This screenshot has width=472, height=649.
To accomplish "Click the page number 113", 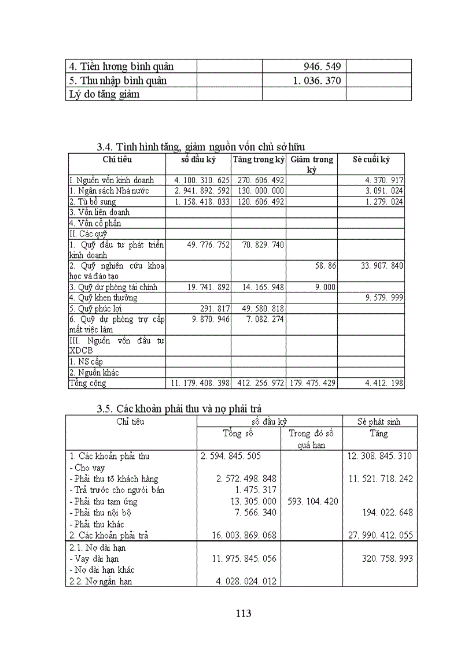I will pos(244,613).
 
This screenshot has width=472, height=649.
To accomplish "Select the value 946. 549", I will pos(322,66).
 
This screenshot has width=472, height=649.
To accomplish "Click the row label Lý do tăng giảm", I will pos(103,94).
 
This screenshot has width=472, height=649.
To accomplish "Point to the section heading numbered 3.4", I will pos(201,147).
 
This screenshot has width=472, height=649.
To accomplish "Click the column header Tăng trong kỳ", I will pos(259,159).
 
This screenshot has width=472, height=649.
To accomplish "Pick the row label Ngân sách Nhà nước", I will pos(109,191).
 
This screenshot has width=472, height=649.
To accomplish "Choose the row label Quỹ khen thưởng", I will pos(104,298).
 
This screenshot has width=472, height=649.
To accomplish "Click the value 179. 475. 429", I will pos(311,383).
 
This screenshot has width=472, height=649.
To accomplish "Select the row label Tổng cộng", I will pos(88,383).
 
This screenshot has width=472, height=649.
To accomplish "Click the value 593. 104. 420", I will pos(311,501).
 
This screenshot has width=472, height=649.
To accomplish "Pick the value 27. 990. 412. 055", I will pos(379,535).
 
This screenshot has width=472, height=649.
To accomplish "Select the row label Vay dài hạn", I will pos(97,558).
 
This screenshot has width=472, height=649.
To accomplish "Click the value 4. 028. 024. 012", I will pos(238,581).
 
